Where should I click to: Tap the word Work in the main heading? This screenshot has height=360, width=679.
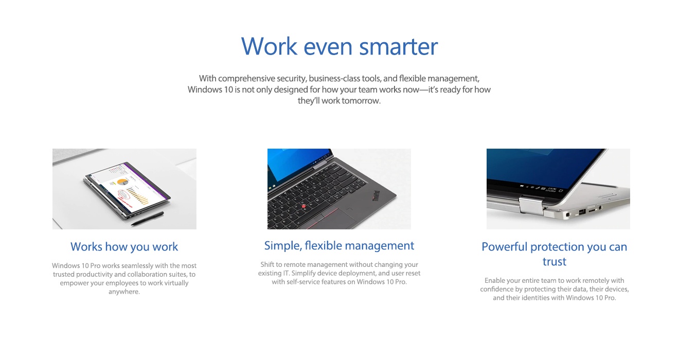269,46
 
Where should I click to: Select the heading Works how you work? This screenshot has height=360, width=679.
124,247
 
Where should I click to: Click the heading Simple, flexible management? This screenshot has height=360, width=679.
339,246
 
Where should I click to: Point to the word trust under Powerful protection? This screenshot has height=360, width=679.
554,262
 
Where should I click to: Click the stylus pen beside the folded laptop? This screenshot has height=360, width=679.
147,219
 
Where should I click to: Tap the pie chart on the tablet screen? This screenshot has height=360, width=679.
122,182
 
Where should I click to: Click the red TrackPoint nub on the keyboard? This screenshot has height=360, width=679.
304,206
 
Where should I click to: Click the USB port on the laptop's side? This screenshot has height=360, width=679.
582,212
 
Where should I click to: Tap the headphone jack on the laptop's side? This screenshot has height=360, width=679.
601,208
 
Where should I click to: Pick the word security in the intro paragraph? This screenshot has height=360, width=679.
291,79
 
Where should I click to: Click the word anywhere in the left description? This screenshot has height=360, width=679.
124,292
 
